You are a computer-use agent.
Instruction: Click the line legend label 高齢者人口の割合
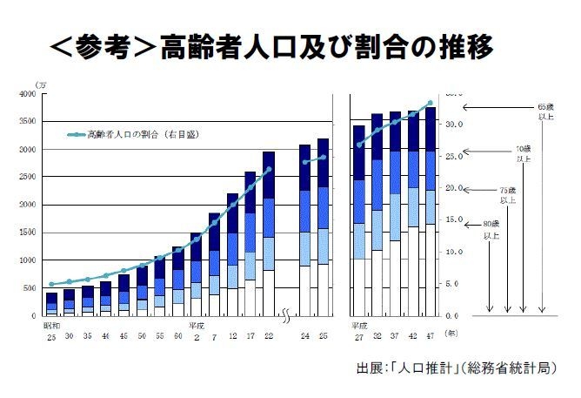click(x=137, y=135)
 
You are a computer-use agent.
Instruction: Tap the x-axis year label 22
click(x=268, y=336)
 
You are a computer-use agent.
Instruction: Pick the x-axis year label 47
click(x=430, y=336)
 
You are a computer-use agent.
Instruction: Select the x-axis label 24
click(x=304, y=336)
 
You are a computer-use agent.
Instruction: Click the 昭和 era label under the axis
click(x=53, y=326)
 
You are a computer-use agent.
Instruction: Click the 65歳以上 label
click(x=544, y=113)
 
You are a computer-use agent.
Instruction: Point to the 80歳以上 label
click(x=491, y=229)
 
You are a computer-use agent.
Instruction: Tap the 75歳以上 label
click(x=508, y=195)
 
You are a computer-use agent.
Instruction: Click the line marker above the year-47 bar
click(x=430, y=103)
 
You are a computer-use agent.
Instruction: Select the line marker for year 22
click(x=269, y=169)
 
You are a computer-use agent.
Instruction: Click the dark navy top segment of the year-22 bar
click(x=268, y=175)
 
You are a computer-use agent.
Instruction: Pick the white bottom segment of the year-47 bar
click(x=430, y=270)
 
